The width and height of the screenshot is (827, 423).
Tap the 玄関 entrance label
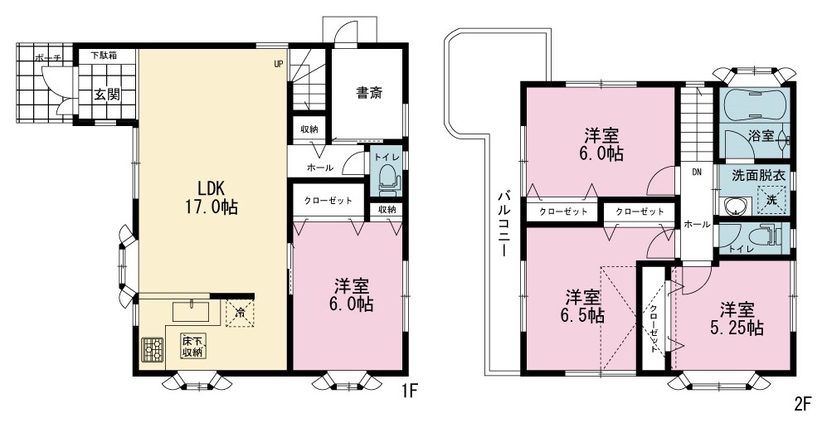pyautogui.click(x=107, y=95)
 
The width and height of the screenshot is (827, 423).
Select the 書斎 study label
pyautogui.click(x=368, y=94)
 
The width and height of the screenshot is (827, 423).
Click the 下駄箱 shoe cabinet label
pyautogui.click(x=104, y=54)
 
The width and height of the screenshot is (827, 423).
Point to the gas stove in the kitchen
pyautogui.click(x=153, y=348)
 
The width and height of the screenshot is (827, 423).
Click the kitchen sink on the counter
pyautogui.click(x=191, y=311)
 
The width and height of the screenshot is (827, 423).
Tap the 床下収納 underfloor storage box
pyautogui.click(x=192, y=346)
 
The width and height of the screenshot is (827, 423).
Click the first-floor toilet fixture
pyautogui.click(x=387, y=178)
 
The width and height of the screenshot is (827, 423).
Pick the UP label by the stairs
pyautogui.click(x=278, y=65)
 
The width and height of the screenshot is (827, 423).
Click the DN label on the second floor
pyautogui.click(x=696, y=172)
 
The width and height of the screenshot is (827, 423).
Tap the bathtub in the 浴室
pyautogui.click(x=754, y=104)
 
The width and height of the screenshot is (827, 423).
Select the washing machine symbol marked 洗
pyautogui.click(x=771, y=199)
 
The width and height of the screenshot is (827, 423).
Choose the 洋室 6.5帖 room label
pyautogui.click(x=582, y=306)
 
